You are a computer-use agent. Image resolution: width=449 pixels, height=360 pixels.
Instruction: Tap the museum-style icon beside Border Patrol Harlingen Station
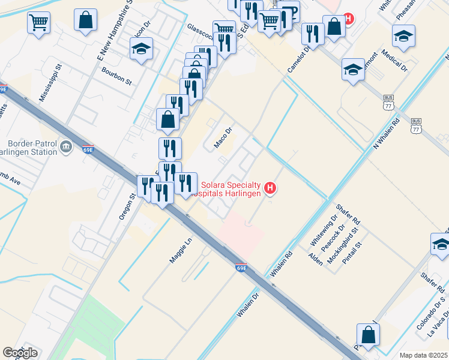pyautogui.click(x=66, y=146)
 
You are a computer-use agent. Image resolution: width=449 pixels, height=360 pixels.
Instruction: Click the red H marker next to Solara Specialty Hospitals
pyautogui.click(x=270, y=188)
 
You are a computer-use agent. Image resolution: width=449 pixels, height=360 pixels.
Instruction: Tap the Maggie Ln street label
pyautogui.click(x=179, y=251)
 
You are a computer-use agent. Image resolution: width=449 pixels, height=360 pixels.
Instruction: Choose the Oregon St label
pyautogui.click(x=127, y=206)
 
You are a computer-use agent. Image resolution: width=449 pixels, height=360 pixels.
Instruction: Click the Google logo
pyautogui.click(x=20, y=353)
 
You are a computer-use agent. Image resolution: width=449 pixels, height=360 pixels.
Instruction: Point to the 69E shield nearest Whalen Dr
pyautogui.click(x=241, y=268)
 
